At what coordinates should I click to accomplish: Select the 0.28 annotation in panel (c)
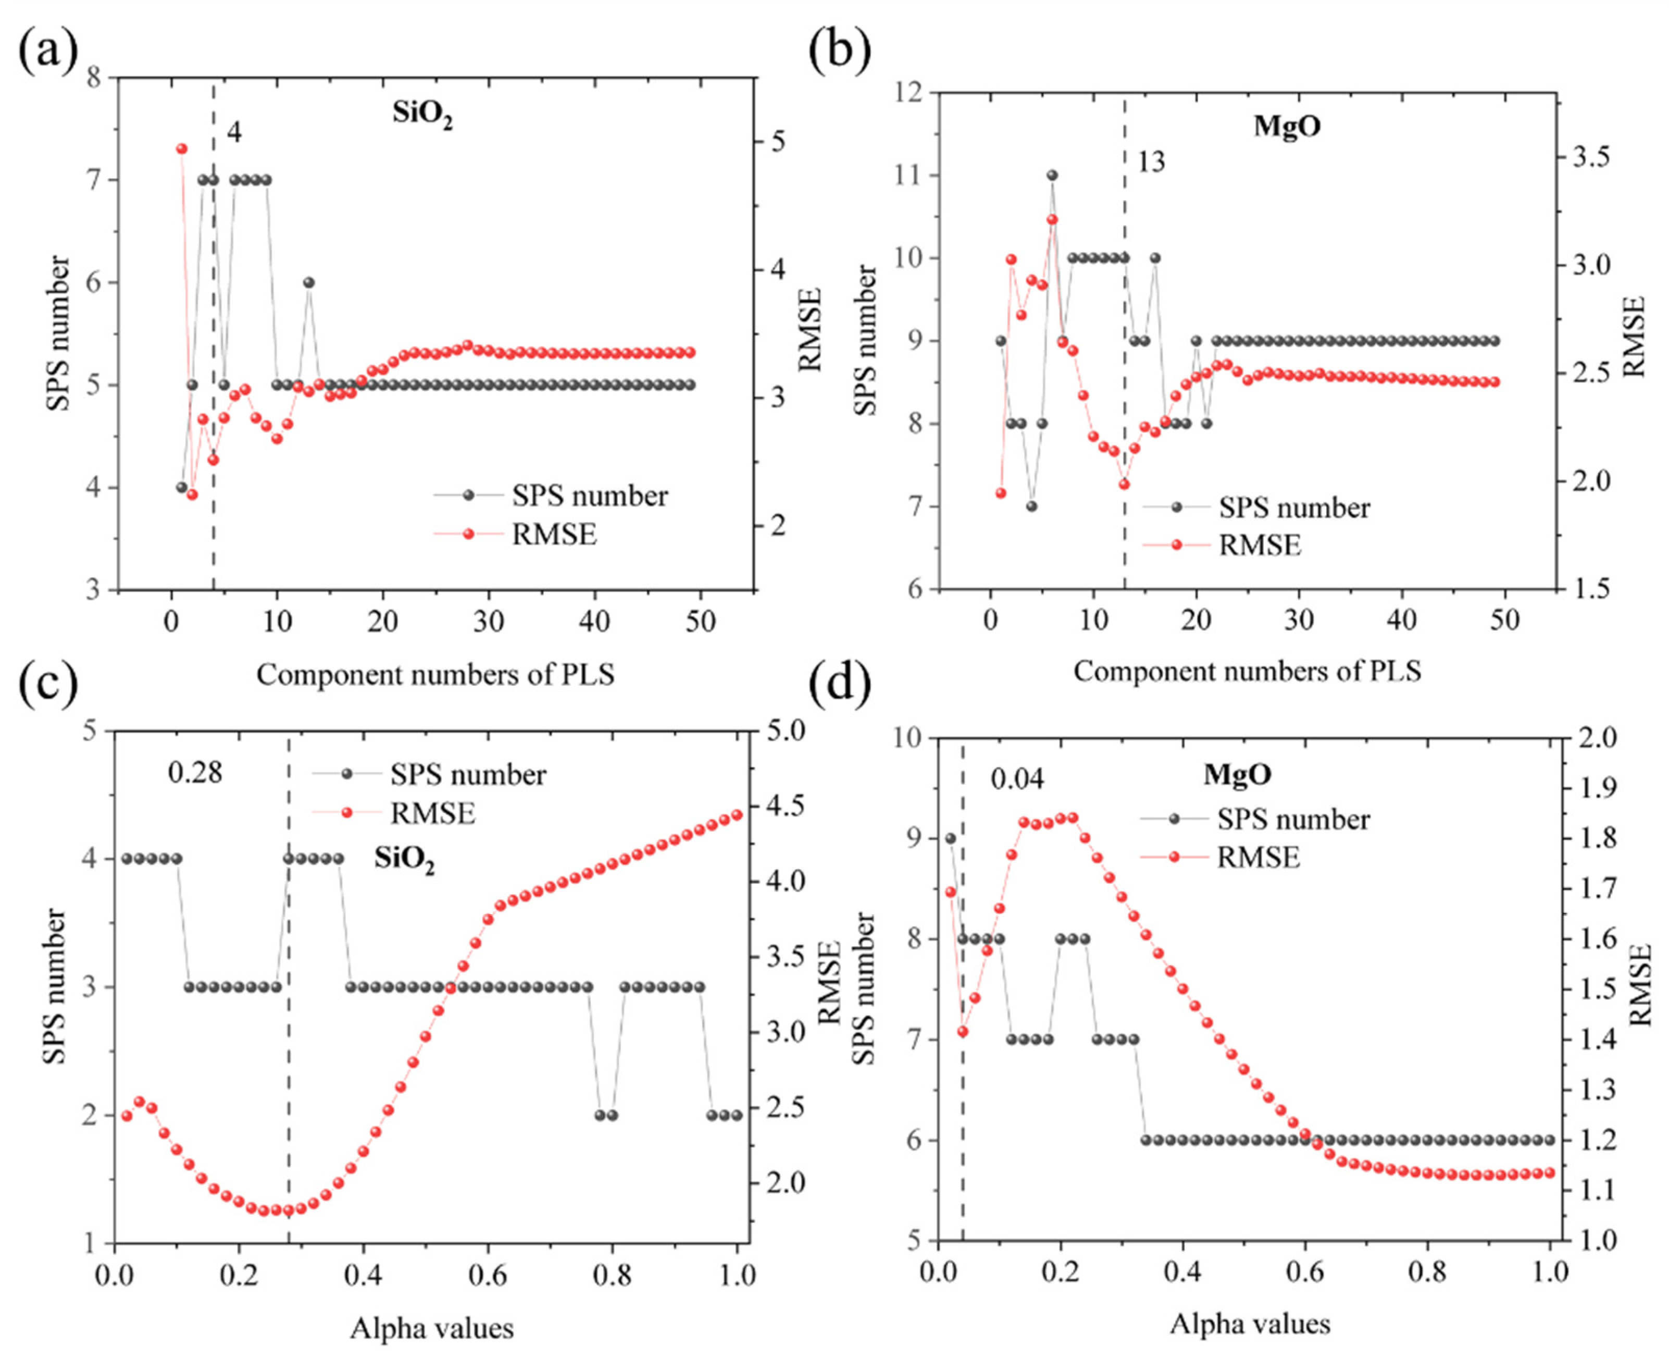tap(195, 773)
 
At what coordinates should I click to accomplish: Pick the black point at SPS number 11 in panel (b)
tap(1052, 175)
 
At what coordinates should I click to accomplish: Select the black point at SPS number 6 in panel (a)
tap(309, 282)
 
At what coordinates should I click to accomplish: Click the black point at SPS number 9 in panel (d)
tap(951, 838)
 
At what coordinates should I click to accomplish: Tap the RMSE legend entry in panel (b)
tap(1259, 544)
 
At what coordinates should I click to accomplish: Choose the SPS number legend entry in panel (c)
tap(468, 775)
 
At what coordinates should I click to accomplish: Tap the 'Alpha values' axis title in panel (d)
tap(1250, 1323)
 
